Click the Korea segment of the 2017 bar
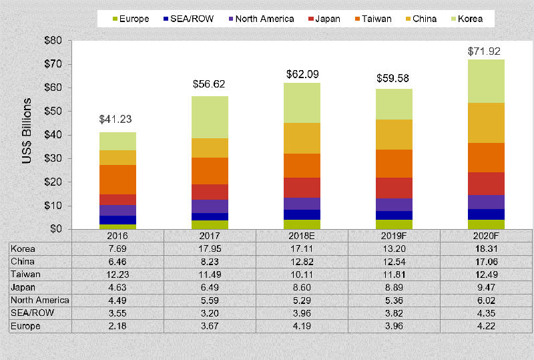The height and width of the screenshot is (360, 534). [210, 117]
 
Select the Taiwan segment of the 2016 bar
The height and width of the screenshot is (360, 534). [117, 179]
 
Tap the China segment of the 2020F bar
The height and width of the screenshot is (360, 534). [486, 122]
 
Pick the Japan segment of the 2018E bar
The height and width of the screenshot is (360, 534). [302, 187]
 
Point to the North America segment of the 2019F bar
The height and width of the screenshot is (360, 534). [394, 204]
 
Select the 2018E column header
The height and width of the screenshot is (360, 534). [302, 236]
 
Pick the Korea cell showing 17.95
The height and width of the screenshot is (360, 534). [210, 248]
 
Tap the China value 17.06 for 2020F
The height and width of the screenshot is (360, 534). [486, 262]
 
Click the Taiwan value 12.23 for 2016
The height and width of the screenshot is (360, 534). [117, 275]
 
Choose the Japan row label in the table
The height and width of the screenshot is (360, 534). [23, 287]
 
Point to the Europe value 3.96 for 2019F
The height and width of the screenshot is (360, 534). [394, 326]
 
